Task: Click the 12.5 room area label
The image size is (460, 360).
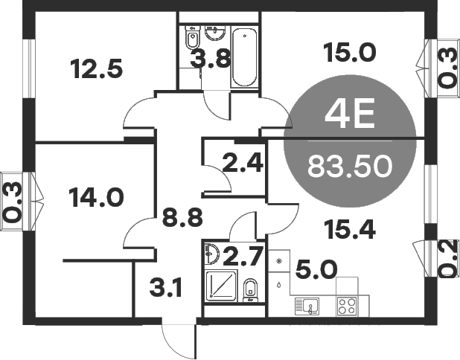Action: (96, 70)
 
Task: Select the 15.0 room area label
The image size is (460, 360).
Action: (349, 53)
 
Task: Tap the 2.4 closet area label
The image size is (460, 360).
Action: (243, 164)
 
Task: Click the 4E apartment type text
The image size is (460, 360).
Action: (350, 116)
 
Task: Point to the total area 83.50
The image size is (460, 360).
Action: (350, 164)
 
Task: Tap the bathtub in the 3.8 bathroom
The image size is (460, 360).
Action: (244, 57)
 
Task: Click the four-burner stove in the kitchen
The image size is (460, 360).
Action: (346, 305)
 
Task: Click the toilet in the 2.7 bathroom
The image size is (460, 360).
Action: (251, 290)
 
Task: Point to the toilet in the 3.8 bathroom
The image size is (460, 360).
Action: (192, 37)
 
